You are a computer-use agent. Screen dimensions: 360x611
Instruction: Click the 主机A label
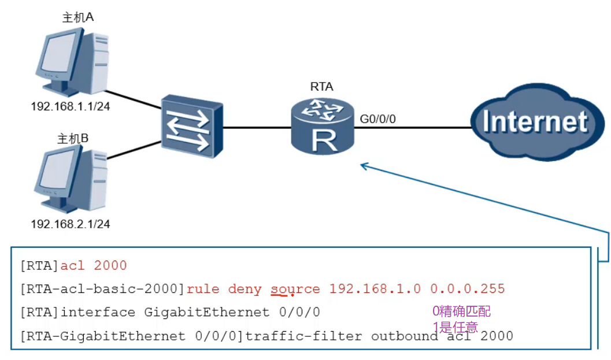tap(78, 17)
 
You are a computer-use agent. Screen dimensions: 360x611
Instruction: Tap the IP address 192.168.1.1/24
tap(70, 107)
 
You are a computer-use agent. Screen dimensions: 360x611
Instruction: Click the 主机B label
tap(73, 139)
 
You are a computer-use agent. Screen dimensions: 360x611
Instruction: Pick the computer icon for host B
tap(70, 179)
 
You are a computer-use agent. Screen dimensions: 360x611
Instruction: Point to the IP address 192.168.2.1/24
tap(70, 224)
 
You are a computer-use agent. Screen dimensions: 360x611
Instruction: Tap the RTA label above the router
tap(321, 87)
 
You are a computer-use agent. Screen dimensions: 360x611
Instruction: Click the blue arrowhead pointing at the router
tap(364, 166)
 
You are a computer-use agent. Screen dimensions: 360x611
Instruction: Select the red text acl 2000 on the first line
tap(94, 266)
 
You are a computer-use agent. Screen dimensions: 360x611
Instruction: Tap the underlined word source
tap(295, 289)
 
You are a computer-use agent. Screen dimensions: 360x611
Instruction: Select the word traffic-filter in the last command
tap(305, 336)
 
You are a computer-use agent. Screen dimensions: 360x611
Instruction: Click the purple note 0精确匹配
tap(461, 312)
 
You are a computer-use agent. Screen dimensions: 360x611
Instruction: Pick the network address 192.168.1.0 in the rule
tap(375, 289)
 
